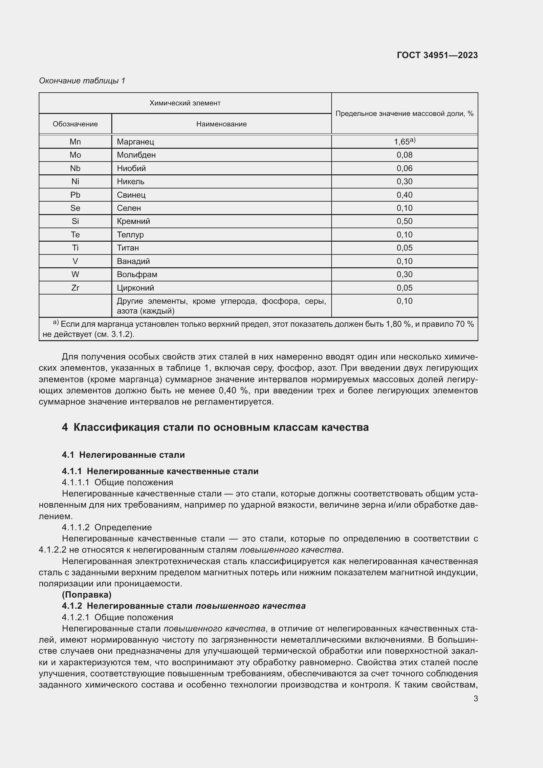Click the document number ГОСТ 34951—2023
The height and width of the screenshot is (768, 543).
click(x=437, y=55)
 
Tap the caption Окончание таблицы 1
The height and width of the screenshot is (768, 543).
click(x=82, y=81)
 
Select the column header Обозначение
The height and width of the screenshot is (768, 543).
click(x=75, y=124)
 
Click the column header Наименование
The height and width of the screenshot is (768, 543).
click(x=221, y=124)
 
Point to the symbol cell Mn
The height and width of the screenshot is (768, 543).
click(x=75, y=142)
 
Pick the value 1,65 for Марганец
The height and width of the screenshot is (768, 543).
click(x=404, y=142)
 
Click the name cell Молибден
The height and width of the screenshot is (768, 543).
click(x=136, y=155)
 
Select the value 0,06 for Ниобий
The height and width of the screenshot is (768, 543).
click(x=404, y=168)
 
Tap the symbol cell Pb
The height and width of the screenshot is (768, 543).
click(x=75, y=195)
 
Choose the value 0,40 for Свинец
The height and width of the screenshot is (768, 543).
click(x=404, y=195)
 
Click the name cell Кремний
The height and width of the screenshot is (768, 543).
click(x=133, y=221)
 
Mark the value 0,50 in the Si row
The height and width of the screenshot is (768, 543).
click(x=404, y=221)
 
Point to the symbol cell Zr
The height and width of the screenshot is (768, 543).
click(x=75, y=288)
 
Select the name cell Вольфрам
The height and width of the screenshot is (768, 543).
click(x=137, y=274)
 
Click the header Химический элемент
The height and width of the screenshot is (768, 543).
click(x=185, y=103)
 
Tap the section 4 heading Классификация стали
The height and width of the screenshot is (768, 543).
click(x=215, y=427)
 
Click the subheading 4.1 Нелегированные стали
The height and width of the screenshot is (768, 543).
click(x=123, y=454)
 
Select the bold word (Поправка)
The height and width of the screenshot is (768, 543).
click(x=87, y=594)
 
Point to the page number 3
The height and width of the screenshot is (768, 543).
click(x=475, y=698)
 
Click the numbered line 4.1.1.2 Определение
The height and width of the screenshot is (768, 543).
click(x=107, y=527)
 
